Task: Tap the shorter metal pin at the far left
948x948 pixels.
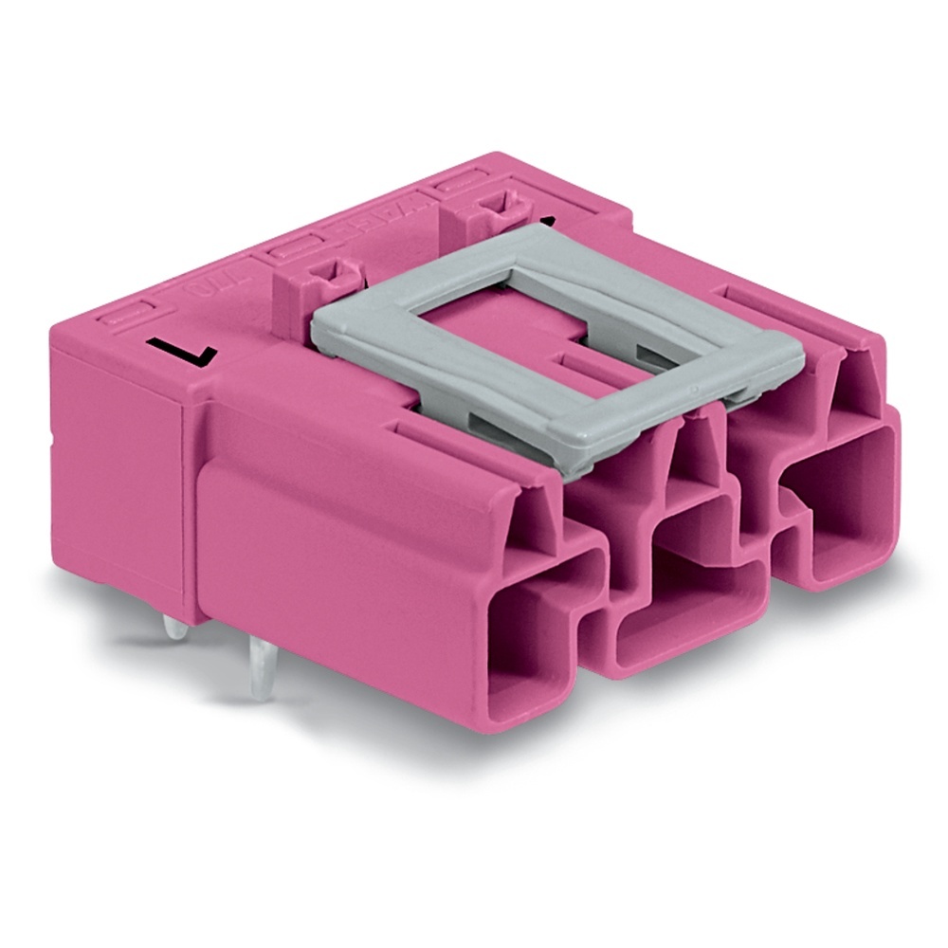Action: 171,629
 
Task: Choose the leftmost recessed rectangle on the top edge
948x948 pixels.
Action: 129,313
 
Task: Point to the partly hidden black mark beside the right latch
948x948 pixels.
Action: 545,220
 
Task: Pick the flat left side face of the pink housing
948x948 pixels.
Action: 118,474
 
